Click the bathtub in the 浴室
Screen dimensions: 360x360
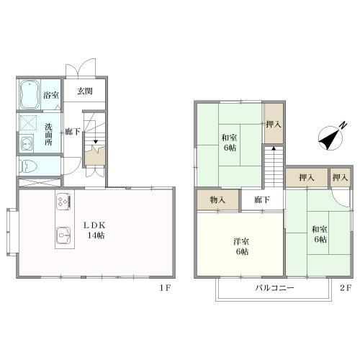point(30,94)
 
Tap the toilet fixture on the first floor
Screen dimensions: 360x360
point(28,166)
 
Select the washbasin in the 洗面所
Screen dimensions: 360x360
point(27,143)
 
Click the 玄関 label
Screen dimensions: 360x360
point(85,91)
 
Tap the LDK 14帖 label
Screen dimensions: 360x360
point(95,230)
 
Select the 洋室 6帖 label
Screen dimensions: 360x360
point(241,246)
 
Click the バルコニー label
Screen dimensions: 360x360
point(274,287)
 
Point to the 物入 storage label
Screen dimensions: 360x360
point(218,199)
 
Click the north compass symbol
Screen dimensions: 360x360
point(330,138)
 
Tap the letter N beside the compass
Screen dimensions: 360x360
point(343,125)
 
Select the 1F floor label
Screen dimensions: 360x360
point(165,288)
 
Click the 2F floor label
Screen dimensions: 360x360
point(346,288)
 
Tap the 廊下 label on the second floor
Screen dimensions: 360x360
point(262,199)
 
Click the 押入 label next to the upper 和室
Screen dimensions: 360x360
point(274,125)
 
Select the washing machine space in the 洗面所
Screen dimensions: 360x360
point(28,123)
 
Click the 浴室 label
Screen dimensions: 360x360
point(51,95)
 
